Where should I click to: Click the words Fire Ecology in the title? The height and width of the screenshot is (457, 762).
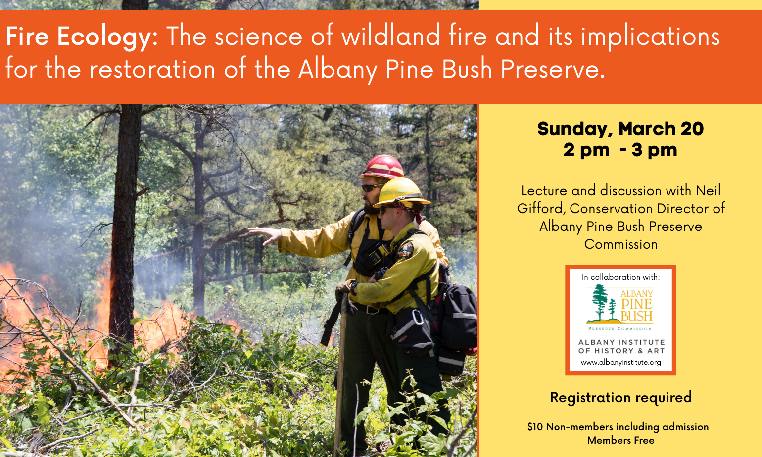[x=78, y=37]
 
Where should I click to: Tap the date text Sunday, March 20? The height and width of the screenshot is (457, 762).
[x=620, y=129]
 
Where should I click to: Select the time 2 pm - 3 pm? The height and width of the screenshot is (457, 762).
[x=620, y=150]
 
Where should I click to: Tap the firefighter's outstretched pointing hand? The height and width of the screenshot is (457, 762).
[x=265, y=234]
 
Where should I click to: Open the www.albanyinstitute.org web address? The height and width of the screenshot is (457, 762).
[x=620, y=362]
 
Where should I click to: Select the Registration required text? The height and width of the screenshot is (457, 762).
[x=620, y=397]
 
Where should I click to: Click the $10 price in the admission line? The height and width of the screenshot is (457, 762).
[x=535, y=427]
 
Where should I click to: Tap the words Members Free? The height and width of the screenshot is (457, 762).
[x=620, y=440]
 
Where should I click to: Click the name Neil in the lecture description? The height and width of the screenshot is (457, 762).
[x=708, y=191]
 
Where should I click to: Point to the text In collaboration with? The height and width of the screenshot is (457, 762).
[x=620, y=277]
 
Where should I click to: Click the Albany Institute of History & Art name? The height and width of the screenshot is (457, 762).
[x=621, y=346]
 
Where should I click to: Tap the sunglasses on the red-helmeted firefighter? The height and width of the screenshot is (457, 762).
[x=371, y=188]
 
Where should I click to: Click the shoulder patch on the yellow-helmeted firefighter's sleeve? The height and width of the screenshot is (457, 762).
[x=405, y=250]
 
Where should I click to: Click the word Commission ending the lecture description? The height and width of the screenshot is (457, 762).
[x=620, y=244]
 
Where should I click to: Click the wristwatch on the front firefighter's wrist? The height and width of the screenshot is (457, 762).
[x=353, y=286]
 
